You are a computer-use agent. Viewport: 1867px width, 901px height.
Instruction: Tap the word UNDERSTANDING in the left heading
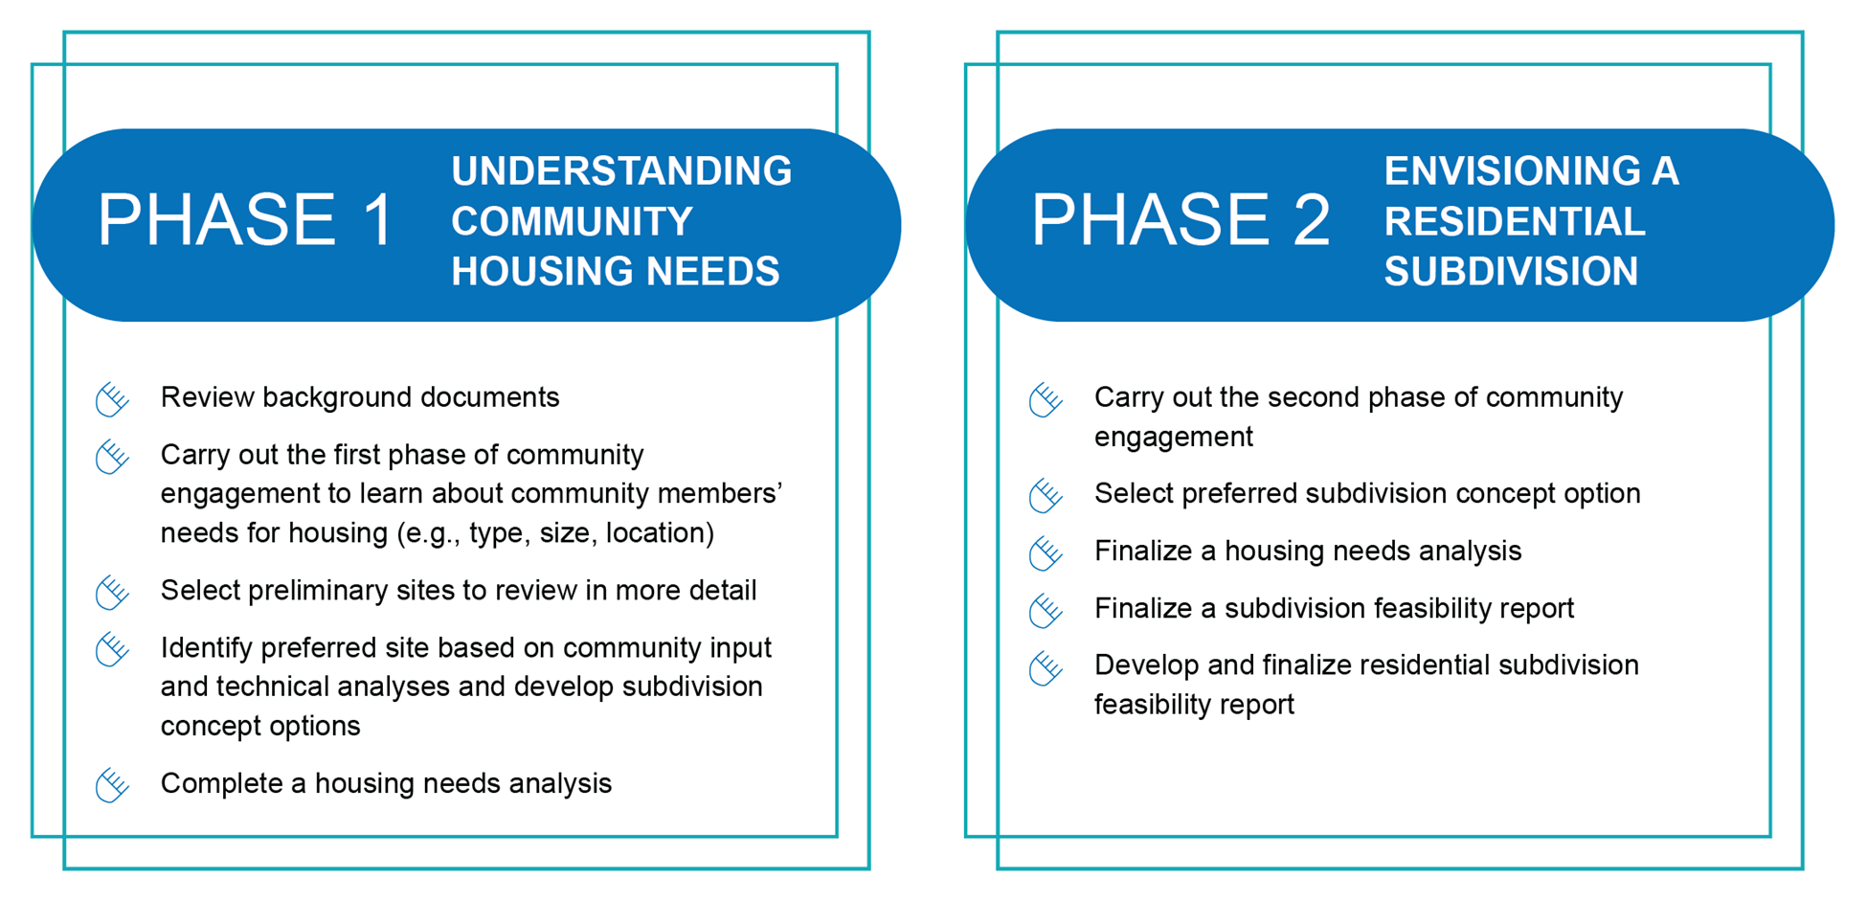tap(621, 171)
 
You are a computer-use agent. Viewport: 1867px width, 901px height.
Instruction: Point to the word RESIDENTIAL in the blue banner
tap(1515, 221)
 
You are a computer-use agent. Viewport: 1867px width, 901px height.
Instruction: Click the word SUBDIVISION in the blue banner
tap(1512, 271)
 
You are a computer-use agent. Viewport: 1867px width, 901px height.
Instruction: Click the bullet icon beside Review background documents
tap(112, 399)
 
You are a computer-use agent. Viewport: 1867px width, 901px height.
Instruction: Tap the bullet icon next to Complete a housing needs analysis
tap(112, 785)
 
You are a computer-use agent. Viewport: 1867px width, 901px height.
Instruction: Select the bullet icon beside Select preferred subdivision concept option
tap(1046, 495)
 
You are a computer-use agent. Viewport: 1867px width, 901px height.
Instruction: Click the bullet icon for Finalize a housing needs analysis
tap(1046, 552)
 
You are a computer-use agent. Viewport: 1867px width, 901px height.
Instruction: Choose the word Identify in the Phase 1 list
tap(206, 648)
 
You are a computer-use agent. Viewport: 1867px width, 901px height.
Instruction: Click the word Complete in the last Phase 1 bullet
tap(222, 784)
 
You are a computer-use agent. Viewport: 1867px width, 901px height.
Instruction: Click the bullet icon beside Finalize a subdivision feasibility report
tap(1046, 610)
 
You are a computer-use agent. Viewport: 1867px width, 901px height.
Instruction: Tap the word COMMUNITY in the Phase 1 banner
tap(572, 221)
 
